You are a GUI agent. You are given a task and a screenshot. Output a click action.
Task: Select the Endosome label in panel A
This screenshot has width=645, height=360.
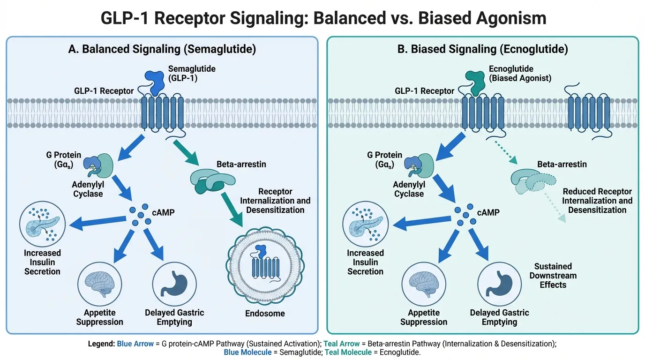tap(265, 313)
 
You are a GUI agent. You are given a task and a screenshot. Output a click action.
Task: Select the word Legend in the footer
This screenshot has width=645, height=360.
tap(101, 344)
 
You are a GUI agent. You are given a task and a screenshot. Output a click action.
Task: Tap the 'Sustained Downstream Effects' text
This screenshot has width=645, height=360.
tap(553, 275)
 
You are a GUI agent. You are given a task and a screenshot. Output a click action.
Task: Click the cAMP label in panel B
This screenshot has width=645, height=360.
tap(487, 212)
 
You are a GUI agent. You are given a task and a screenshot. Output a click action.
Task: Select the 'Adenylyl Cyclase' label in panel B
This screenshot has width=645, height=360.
tap(409, 189)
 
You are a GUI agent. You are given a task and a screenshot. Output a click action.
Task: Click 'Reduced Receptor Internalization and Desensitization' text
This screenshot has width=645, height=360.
tap(597, 201)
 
